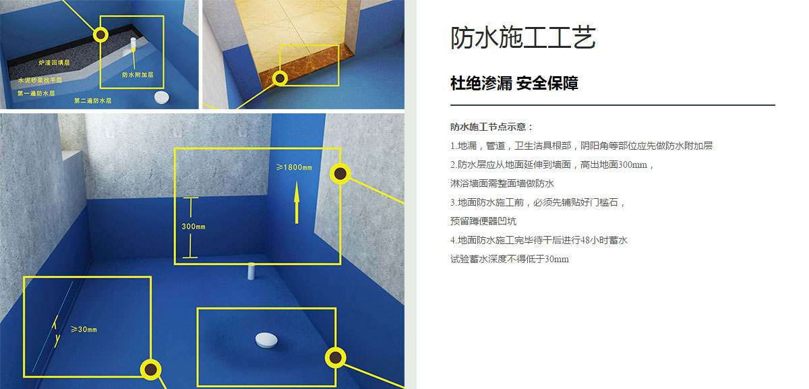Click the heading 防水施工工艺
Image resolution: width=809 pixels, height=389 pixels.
(523, 37)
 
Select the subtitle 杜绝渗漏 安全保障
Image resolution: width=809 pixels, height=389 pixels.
(514, 84)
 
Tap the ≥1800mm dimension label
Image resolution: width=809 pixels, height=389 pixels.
(294, 167)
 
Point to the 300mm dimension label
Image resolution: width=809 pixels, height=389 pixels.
(193, 227)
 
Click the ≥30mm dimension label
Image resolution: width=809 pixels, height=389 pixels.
(84, 330)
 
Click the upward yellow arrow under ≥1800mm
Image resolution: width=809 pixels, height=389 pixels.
(297, 203)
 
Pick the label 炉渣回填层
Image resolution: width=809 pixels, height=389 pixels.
(54, 63)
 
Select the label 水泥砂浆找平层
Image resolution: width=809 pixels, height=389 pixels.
(40, 80)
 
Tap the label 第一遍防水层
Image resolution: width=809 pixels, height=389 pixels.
(36, 93)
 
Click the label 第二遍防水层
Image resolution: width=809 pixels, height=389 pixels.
(93, 100)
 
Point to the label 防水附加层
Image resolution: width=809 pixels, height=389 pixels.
(138, 75)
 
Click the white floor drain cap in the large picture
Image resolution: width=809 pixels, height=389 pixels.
(266, 340)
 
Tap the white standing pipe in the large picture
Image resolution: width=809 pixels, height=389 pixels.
(251, 271)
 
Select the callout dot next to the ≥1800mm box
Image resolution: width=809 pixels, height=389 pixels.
(340, 174)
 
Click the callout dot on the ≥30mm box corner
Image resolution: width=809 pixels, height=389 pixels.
(150, 369)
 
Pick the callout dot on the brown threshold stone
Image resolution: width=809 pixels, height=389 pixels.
(280, 78)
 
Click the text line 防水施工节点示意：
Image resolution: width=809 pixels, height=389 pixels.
(492, 127)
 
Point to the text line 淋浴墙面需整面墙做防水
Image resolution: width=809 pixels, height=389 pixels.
(502, 183)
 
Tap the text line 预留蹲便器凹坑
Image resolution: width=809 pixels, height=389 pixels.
(483, 221)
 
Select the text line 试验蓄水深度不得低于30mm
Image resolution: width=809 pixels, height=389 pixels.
(510, 259)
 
